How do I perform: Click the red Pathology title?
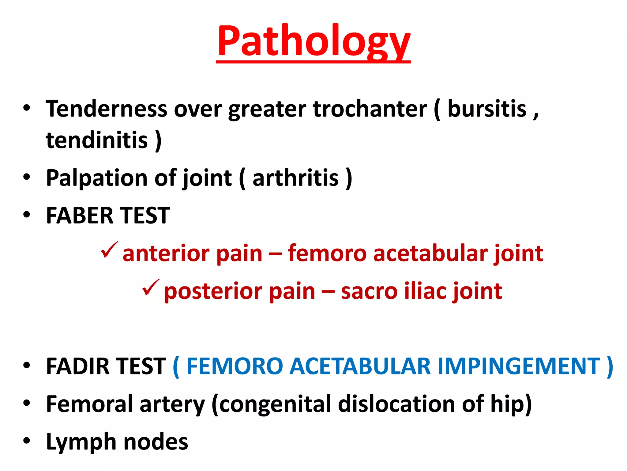pyautogui.click(x=313, y=41)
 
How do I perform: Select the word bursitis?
pyautogui.click(x=487, y=109)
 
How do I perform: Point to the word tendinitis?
pyautogui.click(x=97, y=140)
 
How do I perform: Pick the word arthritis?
pyautogui.click(x=295, y=178)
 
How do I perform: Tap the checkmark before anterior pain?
pyautogui.click(x=109, y=250)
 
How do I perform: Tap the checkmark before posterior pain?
pyautogui.click(x=150, y=288)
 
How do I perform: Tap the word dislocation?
pyautogui.click(x=396, y=404)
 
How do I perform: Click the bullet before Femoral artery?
pyautogui.click(x=27, y=402)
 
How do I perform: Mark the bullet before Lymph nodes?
pyautogui.click(x=27, y=440)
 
